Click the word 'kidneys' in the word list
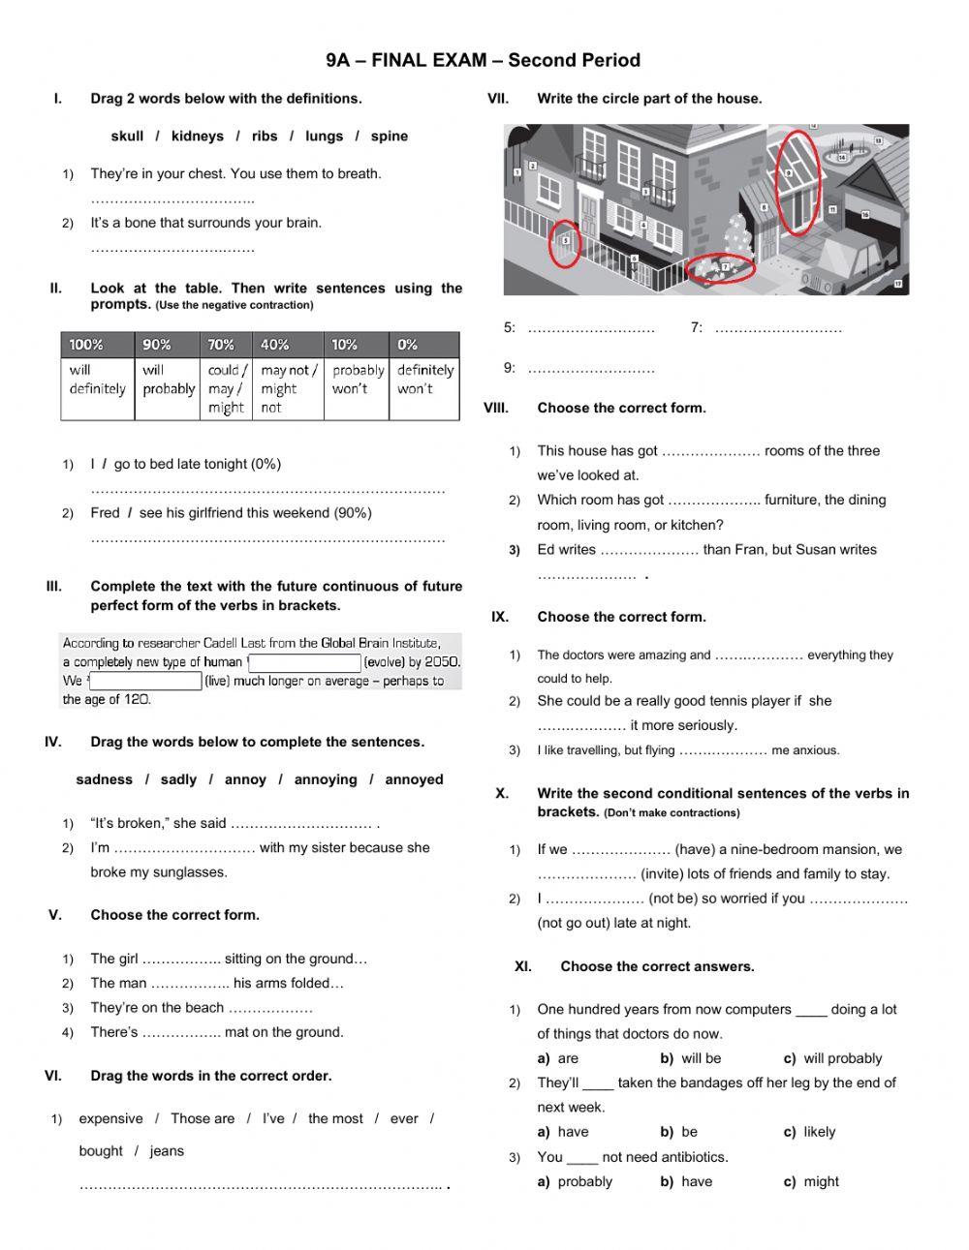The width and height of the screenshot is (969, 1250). tap(197, 137)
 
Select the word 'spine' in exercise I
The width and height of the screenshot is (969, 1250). tap(389, 137)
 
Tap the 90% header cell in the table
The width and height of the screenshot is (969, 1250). tap(157, 345)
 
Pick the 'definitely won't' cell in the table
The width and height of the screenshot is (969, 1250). tap(424, 380)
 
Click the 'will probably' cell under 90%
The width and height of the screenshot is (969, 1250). tap(168, 380)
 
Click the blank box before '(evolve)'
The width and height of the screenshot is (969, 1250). tap(305, 663)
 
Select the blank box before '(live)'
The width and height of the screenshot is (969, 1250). tap(145, 682)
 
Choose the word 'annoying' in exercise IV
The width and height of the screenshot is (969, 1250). tap(325, 779)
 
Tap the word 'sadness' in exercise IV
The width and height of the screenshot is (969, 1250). tap(104, 779)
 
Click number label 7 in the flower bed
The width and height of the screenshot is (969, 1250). tap(725, 266)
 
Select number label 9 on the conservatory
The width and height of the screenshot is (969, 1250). tap(789, 173)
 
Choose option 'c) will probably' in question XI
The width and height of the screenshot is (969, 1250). tap(833, 1058)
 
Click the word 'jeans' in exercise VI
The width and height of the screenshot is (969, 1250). tap(167, 1151)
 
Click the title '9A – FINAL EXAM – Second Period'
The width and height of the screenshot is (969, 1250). tap(484, 60)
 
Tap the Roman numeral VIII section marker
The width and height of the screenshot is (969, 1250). tap(496, 409)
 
